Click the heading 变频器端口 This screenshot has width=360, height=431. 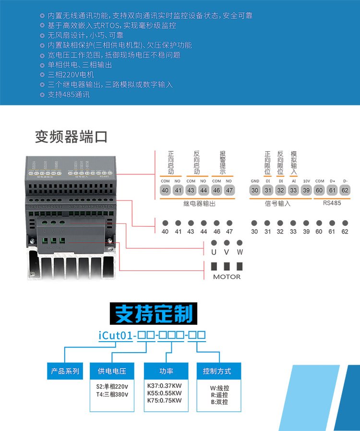coord(71,136)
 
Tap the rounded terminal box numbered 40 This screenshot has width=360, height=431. coord(166,190)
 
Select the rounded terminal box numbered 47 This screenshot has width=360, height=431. coord(229,190)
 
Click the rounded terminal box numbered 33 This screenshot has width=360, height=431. coord(293,190)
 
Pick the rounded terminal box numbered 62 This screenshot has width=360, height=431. coord(345,190)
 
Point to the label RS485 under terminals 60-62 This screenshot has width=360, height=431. coord(332,203)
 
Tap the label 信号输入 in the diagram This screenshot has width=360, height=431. coord(278,203)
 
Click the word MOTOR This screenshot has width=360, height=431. coord(227,277)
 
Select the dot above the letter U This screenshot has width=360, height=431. coord(214,243)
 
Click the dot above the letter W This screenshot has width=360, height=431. coord(240,243)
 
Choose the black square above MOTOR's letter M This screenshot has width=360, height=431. coord(214,266)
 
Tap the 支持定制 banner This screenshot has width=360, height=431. coord(153,314)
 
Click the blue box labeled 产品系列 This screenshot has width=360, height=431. coord(65,371)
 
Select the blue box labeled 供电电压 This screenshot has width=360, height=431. coord(112,371)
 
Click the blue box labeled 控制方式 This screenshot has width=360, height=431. coord(217,371)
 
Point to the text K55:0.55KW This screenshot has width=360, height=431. coord(165,393)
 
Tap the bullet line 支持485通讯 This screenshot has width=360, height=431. coord(68,95)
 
